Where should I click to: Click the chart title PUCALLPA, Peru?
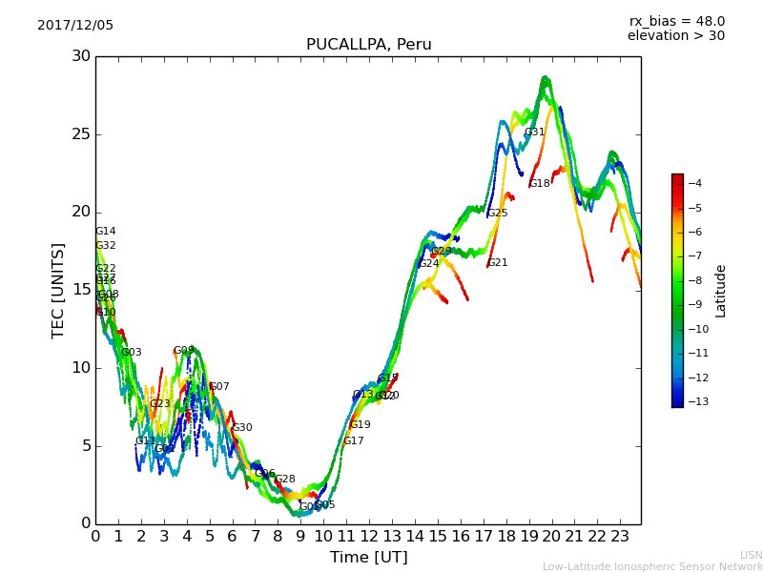tap(368, 45)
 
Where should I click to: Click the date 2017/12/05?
tap(75, 26)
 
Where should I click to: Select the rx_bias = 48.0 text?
tap(676, 21)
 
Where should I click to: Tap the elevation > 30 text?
tap(675, 36)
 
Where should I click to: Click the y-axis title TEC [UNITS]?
tap(59, 290)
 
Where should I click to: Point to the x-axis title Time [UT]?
tap(368, 558)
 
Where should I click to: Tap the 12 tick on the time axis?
tap(369, 536)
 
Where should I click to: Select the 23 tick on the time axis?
tap(620, 536)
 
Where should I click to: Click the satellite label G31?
tap(534, 133)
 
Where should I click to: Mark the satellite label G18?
tap(539, 184)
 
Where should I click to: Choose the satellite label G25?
tap(497, 214)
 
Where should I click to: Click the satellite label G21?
tap(497, 263)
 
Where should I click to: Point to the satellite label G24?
tap(428, 264)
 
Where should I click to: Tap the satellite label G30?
tap(241, 428)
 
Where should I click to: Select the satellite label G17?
tap(353, 441)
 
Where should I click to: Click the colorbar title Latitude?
tap(721, 291)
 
